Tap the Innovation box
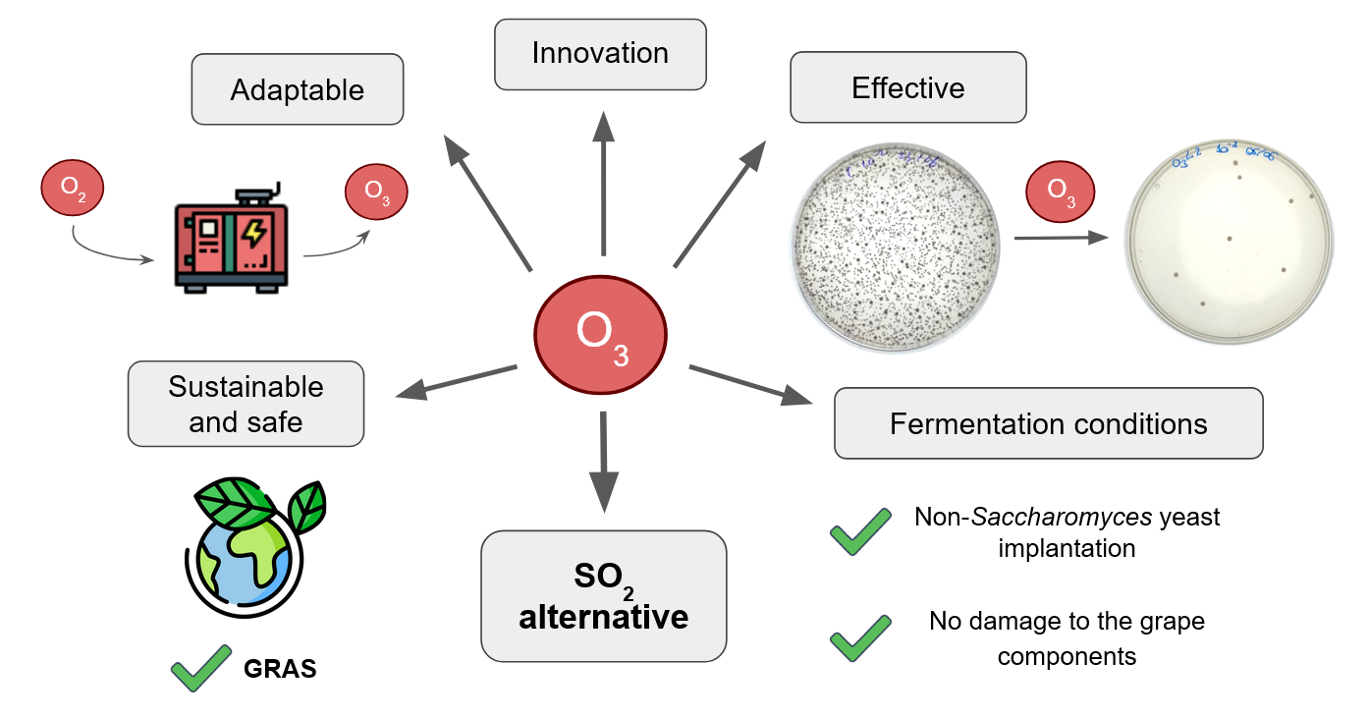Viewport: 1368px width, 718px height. coord(600,53)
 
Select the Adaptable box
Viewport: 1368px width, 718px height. coord(298,89)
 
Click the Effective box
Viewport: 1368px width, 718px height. coord(907,87)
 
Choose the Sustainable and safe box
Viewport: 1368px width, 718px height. coord(246,404)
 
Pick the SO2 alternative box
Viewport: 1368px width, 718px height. coord(603,596)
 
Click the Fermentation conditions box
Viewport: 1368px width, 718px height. coord(1048,423)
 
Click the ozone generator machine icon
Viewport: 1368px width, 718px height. coord(231,241)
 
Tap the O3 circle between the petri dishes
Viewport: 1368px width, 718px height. coord(1060,190)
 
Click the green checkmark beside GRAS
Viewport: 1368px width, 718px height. coord(201,668)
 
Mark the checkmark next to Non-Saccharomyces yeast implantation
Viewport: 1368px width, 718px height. coord(860,531)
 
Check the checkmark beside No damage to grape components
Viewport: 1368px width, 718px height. coord(860,637)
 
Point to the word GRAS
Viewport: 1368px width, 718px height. coord(280,670)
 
